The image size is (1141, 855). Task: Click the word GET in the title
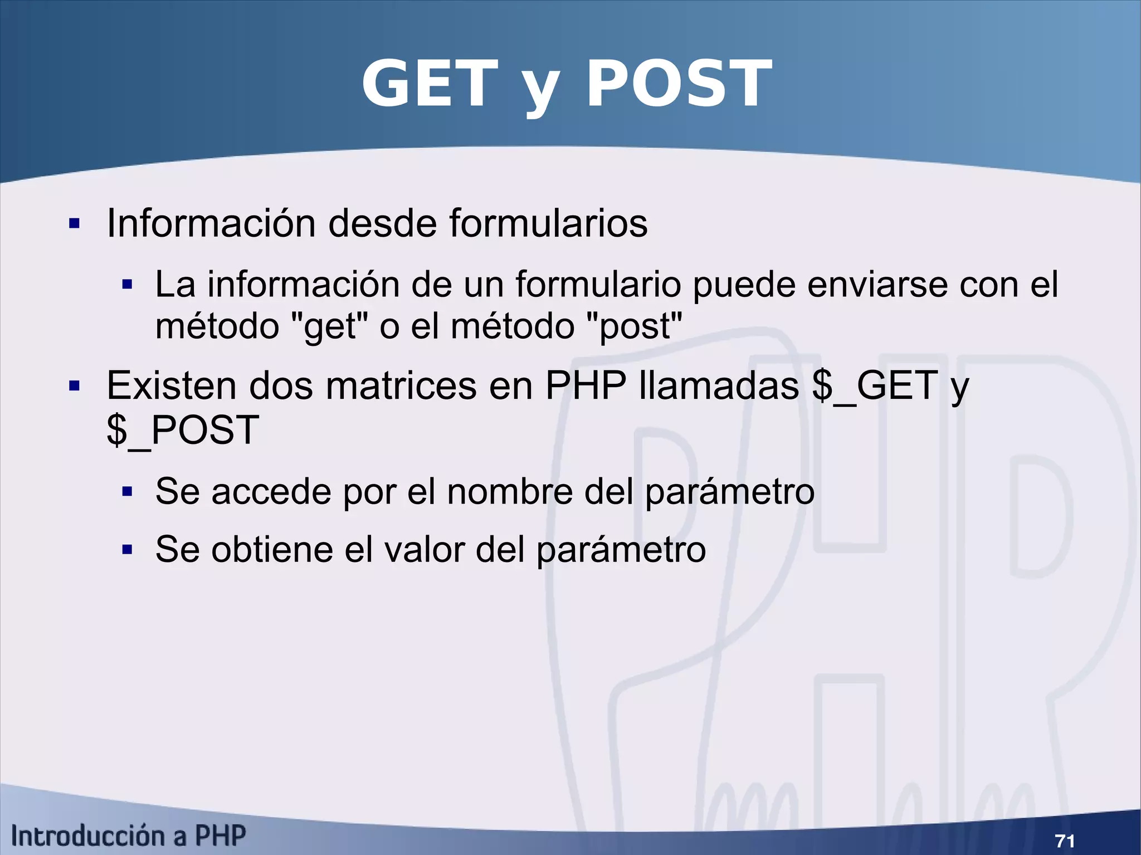pyautogui.click(x=429, y=85)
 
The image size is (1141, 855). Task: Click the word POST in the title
pyautogui.click(x=679, y=85)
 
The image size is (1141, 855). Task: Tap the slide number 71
pyautogui.click(x=1065, y=840)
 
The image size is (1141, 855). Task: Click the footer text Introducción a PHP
pyautogui.click(x=129, y=836)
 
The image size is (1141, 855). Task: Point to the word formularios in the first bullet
pyautogui.click(x=548, y=223)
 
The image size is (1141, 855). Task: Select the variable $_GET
pyautogui.click(x=875, y=386)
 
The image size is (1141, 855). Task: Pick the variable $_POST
pyautogui.click(x=183, y=431)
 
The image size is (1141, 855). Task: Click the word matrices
pyautogui.click(x=401, y=386)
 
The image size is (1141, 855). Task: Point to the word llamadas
pyautogui.click(x=719, y=386)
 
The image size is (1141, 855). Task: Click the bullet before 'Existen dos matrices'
pyautogui.click(x=74, y=386)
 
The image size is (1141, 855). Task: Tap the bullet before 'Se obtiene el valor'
pyautogui.click(x=128, y=550)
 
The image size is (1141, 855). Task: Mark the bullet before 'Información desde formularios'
pyautogui.click(x=74, y=224)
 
